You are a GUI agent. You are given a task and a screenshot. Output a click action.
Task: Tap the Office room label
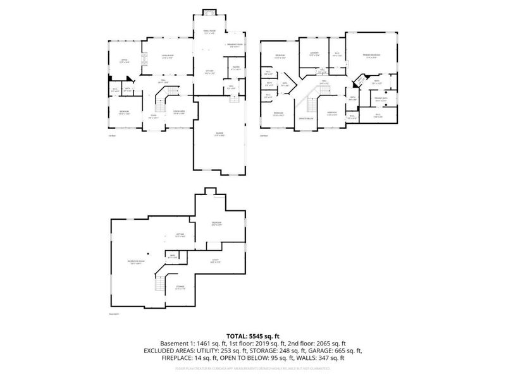(x=124, y=61)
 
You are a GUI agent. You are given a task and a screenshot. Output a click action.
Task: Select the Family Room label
(x=209, y=31)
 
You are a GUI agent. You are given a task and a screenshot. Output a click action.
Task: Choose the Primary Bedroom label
(x=371, y=56)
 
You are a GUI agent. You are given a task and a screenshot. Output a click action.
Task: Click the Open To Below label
(x=306, y=119)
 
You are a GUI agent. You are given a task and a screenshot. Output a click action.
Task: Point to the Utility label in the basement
(x=214, y=261)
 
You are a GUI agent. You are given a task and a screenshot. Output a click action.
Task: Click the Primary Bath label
(x=381, y=99)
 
